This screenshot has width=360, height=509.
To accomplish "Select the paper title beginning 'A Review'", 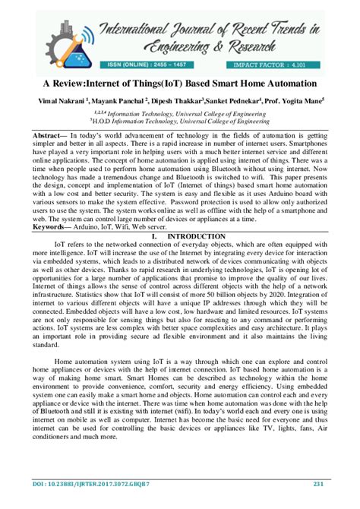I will click(x=180, y=82).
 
